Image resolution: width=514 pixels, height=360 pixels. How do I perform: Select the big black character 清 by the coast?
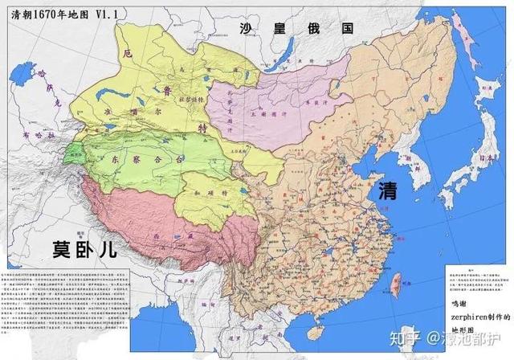coord(389,191)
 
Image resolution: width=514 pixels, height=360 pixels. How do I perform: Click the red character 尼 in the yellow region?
coord(126,54)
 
